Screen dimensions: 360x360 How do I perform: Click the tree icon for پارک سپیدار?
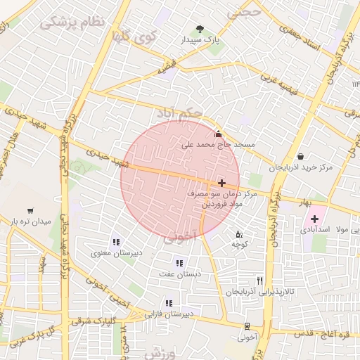pyautogui.click(x=200, y=30)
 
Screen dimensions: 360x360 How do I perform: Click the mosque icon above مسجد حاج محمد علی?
pyautogui.click(x=218, y=134)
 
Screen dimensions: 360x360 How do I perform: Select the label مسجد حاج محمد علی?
pyautogui.click(x=218, y=145)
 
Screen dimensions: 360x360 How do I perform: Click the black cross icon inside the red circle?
pyautogui.click(x=221, y=183)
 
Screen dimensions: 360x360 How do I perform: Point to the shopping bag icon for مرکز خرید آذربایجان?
pyautogui.click(x=301, y=156)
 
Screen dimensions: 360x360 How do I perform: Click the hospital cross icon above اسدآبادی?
pyautogui.click(x=314, y=219)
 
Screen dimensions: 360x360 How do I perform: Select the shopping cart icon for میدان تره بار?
pyautogui.click(x=30, y=210)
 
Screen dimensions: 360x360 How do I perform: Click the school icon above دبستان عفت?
pyautogui.click(x=181, y=263)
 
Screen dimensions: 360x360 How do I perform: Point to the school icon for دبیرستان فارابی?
pyautogui.click(x=168, y=303)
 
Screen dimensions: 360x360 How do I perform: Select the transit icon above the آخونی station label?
pyautogui.click(x=247, y=326)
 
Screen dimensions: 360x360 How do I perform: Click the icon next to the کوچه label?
pyautogui.click(x=239, y=234)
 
